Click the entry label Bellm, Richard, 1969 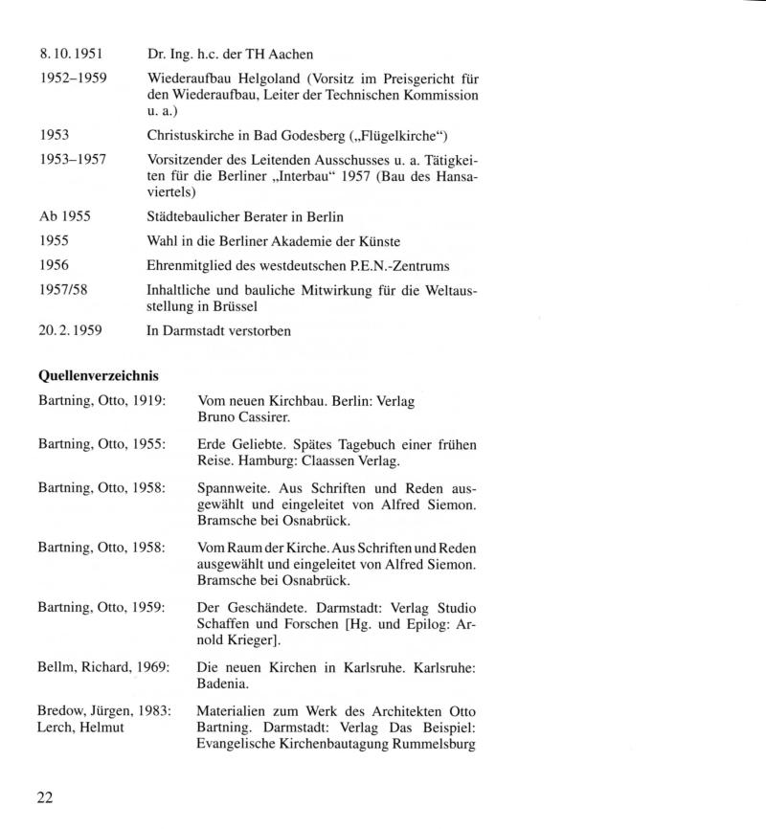(x=103, y=666)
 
